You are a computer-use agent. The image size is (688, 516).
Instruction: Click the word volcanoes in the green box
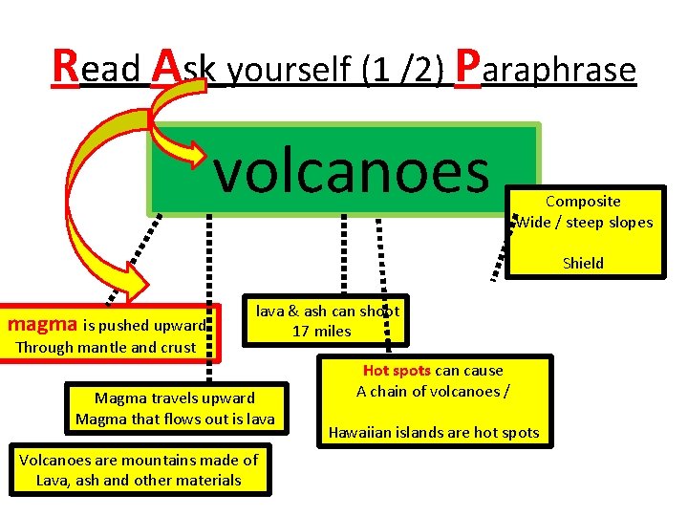352,170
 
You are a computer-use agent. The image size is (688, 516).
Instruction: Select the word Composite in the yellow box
583,201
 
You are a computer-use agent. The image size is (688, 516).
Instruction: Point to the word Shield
583,263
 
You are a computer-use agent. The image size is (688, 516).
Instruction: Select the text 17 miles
322,332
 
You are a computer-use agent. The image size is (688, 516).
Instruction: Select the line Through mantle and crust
106,348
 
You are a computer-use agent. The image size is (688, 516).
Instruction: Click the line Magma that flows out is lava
175,419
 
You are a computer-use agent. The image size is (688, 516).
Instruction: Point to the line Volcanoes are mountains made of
139,460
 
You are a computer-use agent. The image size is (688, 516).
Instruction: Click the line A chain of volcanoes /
432,391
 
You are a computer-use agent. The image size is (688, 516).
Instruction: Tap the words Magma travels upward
175,398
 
